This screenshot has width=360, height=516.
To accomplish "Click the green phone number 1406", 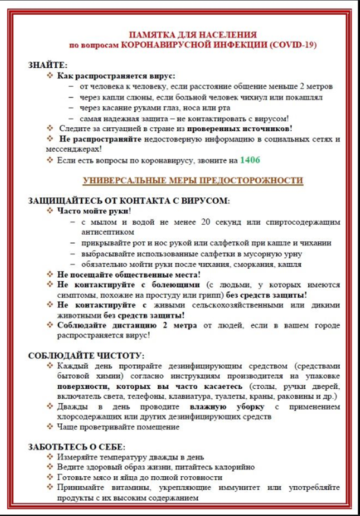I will tap(250, 161).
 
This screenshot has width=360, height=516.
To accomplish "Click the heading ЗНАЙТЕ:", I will tap(48, 65).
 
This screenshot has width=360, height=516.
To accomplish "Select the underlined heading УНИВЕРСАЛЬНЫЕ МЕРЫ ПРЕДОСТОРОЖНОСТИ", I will tap(193, 180).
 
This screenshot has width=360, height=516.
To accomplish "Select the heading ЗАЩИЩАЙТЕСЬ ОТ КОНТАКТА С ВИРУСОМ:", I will tap(129, 201).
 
